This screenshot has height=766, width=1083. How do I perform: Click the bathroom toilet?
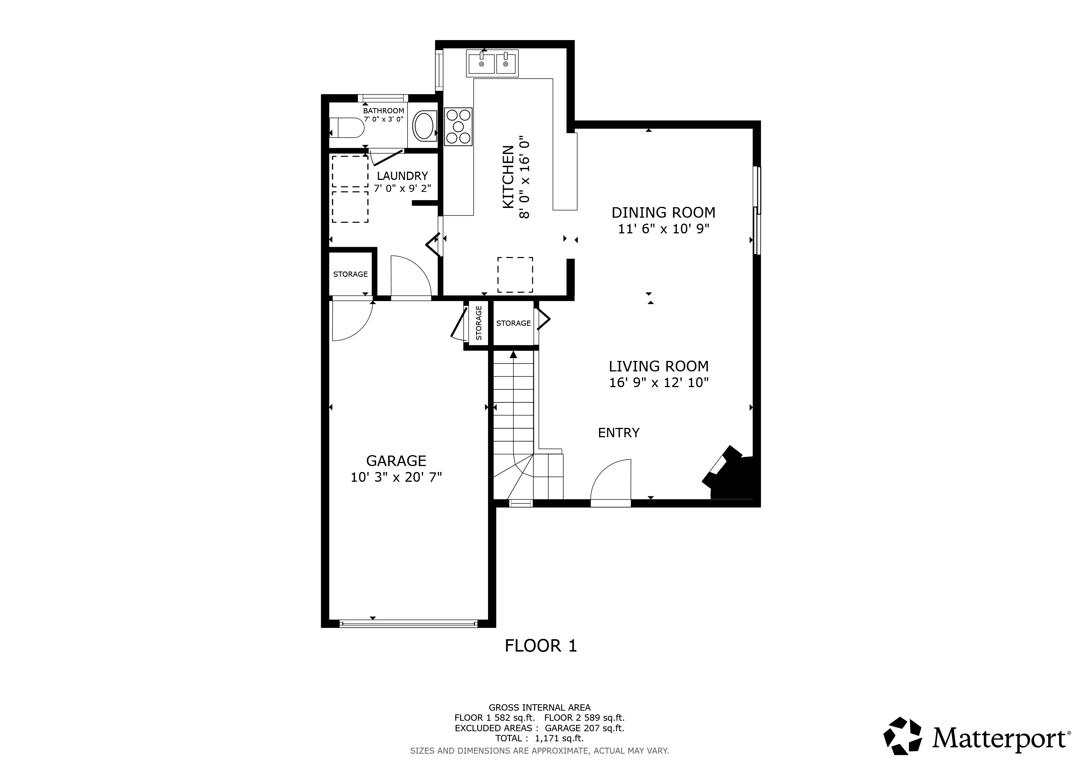pos(347,127)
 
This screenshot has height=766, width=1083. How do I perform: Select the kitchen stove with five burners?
pos(458,126)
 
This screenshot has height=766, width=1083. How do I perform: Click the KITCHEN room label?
pos(508,177)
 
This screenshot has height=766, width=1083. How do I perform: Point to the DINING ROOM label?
pos(663,213)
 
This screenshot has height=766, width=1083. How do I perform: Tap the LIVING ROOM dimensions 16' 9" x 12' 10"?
pos(659,383)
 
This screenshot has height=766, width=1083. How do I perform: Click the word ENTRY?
pos(619,433)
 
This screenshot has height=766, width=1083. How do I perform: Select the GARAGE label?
pos(396,461)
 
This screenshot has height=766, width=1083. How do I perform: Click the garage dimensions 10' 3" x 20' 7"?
pos(396,477)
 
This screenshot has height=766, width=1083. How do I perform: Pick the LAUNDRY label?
pos(402,176)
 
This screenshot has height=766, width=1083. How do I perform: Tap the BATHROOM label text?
pos(383,111)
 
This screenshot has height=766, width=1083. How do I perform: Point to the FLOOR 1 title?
pos(540,646)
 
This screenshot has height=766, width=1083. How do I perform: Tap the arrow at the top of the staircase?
pos(513,354)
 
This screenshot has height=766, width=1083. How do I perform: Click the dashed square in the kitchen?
pos(515,275)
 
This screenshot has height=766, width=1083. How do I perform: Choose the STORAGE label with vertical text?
pos(479,323)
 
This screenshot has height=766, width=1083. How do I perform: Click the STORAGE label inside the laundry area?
pos(350,274)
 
